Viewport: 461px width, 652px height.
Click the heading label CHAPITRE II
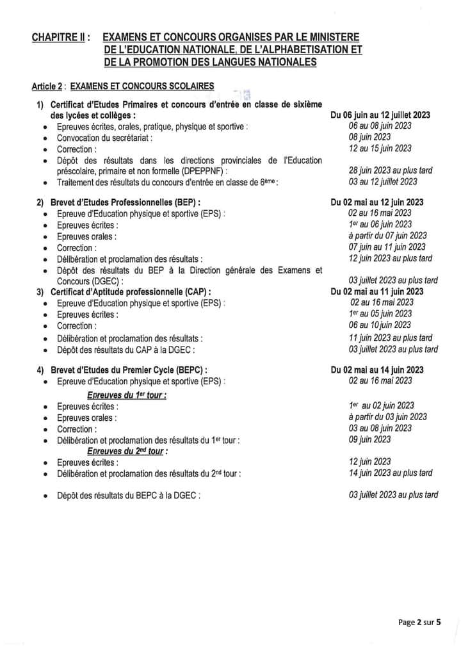point(61,38)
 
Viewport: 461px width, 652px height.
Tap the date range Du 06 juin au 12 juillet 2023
point(380,115)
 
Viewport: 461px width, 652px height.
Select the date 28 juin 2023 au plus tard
point(390,170)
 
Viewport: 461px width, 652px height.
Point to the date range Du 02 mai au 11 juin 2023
point(376,291)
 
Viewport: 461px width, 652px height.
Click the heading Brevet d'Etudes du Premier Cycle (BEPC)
point(125,370)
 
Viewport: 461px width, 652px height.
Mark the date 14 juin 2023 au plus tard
point(390,473)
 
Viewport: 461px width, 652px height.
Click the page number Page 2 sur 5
point(419,622)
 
